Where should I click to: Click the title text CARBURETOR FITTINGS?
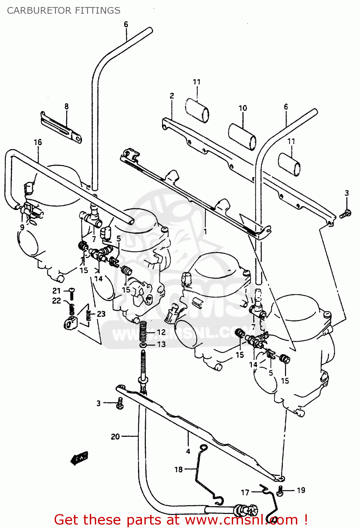(64, 11)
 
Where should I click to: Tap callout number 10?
(243, 108)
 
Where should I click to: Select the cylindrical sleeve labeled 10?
(242, 137)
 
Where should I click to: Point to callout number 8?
(66, 106)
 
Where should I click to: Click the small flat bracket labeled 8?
(62, 127)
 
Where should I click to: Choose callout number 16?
(38, 142)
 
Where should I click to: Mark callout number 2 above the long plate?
(172, 96)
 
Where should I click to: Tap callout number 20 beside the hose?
(115, 436)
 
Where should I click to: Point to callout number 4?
(188, 451)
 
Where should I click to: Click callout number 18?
(179, 469)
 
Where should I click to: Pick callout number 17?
(245, 492)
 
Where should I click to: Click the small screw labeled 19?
(280, 490)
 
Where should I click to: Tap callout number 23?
(101, 314)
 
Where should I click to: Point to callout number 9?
(22, 227)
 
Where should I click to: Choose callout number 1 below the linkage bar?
(205, 232)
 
